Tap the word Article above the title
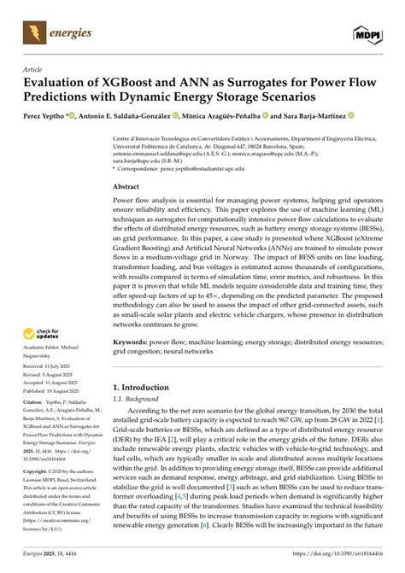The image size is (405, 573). tap(32, 68)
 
